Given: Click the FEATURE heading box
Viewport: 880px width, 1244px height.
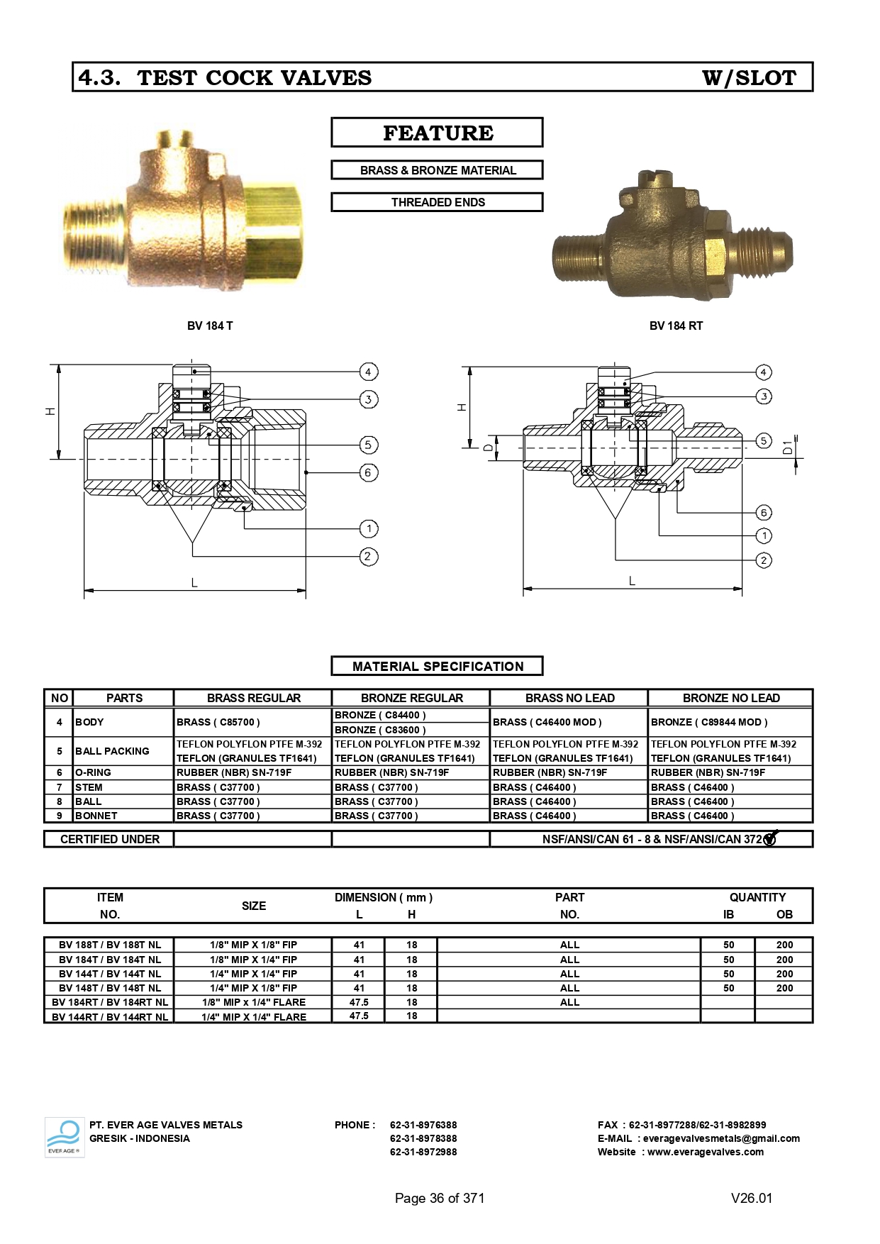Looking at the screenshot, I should [x=437, y=133].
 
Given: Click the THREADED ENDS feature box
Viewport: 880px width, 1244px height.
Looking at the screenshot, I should [x=437, y=202].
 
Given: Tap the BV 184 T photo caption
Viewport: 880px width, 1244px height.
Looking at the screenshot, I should [x=210, y=326].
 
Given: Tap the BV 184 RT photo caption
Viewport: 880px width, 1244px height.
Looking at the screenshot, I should [x=676, y=326].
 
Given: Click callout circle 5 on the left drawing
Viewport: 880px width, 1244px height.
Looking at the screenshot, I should [x=368, y=445].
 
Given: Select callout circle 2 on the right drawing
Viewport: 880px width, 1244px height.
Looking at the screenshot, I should [x=764, y=560].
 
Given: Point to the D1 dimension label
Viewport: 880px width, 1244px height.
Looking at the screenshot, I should [x=788, y=447].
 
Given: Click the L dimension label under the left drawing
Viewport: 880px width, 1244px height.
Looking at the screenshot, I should [x=194, y=583].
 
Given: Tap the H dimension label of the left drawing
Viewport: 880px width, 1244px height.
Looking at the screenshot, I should [x=50, y=411].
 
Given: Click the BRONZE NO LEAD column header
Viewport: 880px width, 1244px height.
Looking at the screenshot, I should [x=730, y=698].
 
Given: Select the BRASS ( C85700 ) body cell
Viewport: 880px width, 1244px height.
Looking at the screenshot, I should [x=218, y=722].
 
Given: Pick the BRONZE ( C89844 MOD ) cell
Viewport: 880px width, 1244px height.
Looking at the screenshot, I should [x=709, y=722].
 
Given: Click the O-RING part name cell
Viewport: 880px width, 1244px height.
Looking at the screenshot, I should [x=94, y=772].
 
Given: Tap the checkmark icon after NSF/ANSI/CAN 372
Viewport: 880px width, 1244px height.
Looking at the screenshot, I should [x=771, y=838].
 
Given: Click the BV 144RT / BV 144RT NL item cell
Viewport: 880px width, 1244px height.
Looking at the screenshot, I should [x=110, y=1016].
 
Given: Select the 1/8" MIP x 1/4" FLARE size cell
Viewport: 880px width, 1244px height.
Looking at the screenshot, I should [x=254, y=1002].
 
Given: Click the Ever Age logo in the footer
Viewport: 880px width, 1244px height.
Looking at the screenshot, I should [x=65, y=1137].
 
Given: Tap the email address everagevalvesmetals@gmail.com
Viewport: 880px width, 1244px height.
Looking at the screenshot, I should [x=721, y=1138].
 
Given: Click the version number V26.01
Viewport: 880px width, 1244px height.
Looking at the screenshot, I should [x=752, y=1198].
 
